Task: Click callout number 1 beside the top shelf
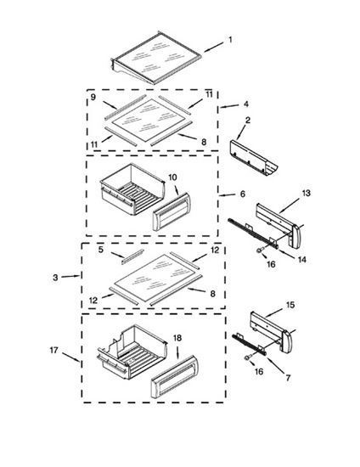tap(230, 40)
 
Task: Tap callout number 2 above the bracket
tap(248, 121)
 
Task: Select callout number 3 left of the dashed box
tap(55, 278)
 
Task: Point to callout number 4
tap(246, 104)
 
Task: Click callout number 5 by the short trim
tap(101, 250)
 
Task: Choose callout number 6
tap(243, 194)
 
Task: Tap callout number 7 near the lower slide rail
tap(288, 378)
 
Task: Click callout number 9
tap(93, 97)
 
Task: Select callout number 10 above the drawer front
tap(172, 177)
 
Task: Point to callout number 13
tap(307, 193)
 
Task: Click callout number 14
tap(302, 260)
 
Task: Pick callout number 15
tap(290, 305)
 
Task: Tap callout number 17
tap(53, 350)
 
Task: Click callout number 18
tap(177, 338)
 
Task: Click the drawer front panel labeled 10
tap(172, 211)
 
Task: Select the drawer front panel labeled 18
tap(174, 377)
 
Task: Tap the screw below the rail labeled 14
tap(260, 250)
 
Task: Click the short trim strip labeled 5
tap(132, 256)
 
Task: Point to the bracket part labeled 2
tap(253, 158)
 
